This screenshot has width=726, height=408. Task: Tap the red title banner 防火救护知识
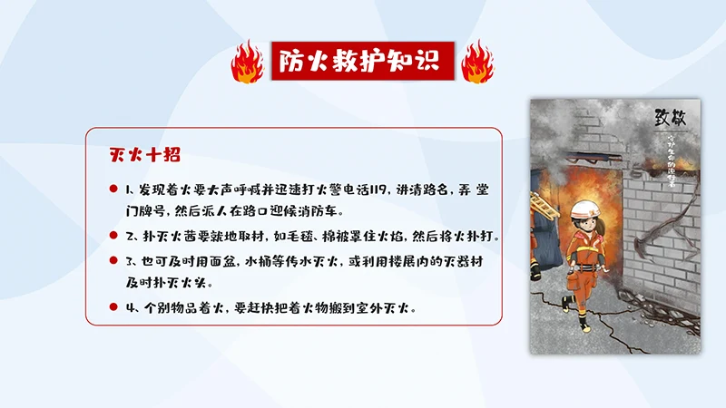[359, 61]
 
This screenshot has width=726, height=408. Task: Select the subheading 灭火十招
[139, 155]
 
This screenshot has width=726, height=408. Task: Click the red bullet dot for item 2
[113, 235]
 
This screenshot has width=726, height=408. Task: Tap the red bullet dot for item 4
[113, 306]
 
